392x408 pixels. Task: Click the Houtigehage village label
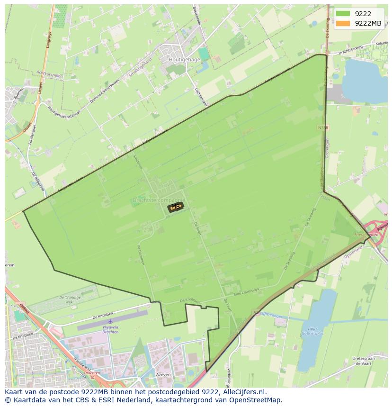184,60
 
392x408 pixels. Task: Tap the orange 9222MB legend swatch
344,23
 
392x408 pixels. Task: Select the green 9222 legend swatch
344,14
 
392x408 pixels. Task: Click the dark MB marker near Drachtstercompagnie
175,207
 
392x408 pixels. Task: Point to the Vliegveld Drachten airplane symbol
110,327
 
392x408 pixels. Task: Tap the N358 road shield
323,127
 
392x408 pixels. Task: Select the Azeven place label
163,374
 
